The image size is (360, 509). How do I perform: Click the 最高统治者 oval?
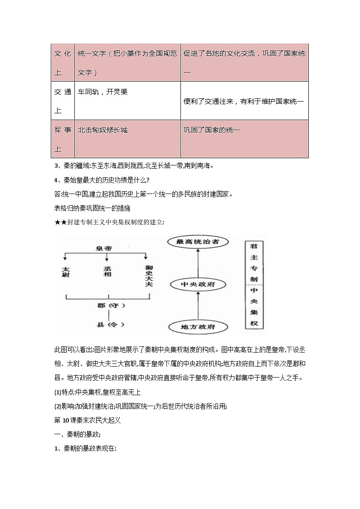[197, 242]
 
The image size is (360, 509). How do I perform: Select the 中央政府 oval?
[198, 284]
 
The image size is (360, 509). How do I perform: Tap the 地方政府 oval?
[198, 326]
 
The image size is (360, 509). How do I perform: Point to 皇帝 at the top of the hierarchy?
[104, 248]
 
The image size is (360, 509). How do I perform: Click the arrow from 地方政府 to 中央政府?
[198, 305]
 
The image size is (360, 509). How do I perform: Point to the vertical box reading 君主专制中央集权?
[254, 285]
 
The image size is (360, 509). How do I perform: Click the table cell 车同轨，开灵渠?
[127, 101]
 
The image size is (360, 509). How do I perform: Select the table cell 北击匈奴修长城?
[127, 139]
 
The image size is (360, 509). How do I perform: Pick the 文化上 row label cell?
[63, 63]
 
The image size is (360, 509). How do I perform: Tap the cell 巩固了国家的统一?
[244, 139]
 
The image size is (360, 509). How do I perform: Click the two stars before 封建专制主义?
[60, 222]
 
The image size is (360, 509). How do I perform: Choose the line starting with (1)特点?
[97, 392]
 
